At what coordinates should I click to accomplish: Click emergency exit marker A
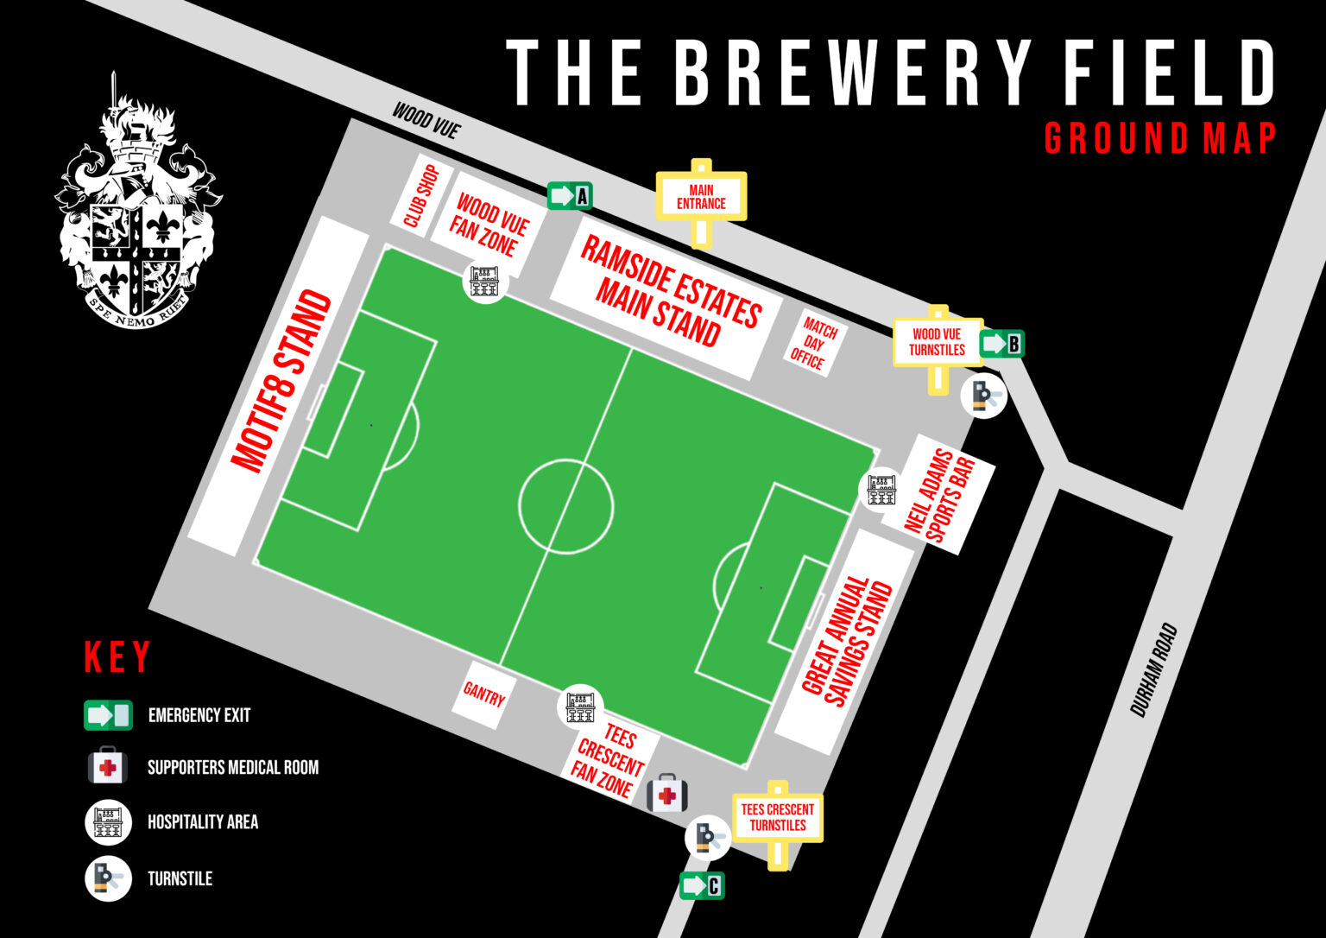click(569, 196)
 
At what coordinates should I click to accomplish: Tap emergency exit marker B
click(1001, 344)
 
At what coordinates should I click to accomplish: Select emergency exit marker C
click(701, 885)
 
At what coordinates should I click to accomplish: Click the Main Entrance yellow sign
click(701, 197)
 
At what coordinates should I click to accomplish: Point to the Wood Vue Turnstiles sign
click(937, 343)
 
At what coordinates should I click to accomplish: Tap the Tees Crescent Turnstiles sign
click(777, 817)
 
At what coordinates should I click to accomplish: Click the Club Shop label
click(422, 196)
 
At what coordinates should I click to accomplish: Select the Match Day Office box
click(813, 343)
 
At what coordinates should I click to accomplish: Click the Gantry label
click(483, 694)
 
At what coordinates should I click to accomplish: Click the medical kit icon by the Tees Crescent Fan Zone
click(667, 793)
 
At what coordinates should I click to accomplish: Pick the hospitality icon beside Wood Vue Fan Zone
click(484, 281)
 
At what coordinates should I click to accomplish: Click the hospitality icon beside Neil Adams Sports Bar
click(881, 489)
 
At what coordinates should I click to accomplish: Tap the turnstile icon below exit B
click(983, 396)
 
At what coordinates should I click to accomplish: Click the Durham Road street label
click(1154, 670)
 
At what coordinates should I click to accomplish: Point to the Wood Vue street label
click(426, 120)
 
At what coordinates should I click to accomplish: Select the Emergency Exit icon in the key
click(108, 715)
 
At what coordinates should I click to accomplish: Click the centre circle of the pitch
click(565, 506)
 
